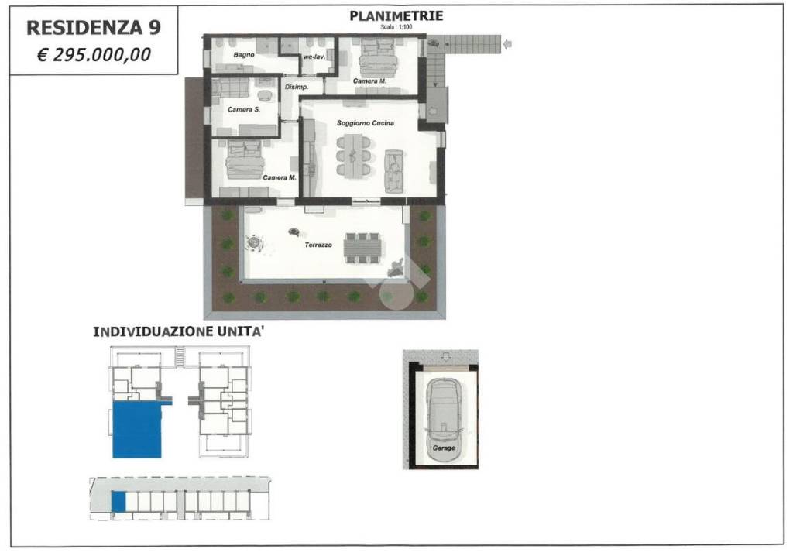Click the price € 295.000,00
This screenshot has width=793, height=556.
click(x=94, y=55)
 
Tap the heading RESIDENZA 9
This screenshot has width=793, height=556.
click(x=94, y=28)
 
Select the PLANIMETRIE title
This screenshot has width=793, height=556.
click(x=396, y=15)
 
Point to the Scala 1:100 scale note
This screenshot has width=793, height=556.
click(x=396, y=27)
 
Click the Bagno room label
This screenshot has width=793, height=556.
click(x=244, y=55)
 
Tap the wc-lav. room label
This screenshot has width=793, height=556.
click(x=314, y=57)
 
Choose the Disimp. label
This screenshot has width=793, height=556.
click(x=297, y=87)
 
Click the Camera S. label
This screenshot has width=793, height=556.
click(x=244, y=109)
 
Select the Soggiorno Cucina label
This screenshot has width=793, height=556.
click(x=366, y=123)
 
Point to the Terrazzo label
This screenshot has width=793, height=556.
click(x=318, y=245)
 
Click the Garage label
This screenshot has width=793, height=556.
click(x=444, y=448)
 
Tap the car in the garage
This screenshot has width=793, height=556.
click(x=443, y=420)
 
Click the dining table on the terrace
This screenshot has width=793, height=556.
click(x=362, y=248)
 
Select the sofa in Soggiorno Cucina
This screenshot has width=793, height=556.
click(x=394, y=171)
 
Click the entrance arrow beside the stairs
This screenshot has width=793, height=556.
click(x=507, y=44)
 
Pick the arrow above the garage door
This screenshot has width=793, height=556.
click(x=445, y=356)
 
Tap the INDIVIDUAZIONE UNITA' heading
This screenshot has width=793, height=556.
click(x=179, y=332)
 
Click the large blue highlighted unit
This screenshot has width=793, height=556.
click(x=137, y=430)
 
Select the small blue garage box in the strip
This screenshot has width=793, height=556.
click(x=118, y=501)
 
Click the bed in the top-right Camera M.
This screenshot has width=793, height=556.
click(x=378, y=58)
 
